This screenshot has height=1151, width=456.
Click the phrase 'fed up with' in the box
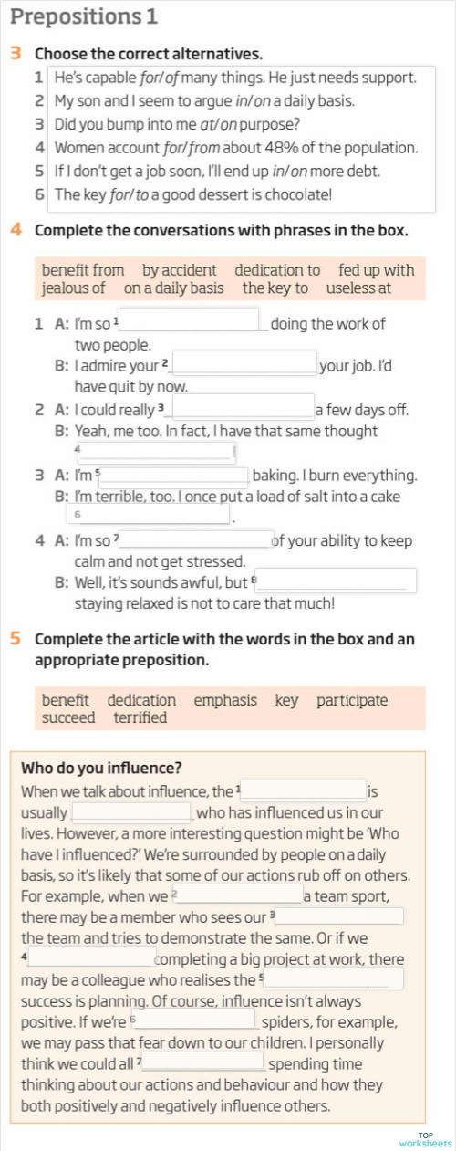376,270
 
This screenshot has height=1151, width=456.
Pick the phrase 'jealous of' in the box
73,288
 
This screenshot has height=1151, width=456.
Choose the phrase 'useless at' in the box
358,288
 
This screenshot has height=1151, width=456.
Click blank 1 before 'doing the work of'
192,320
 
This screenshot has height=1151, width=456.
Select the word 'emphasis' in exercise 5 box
225,700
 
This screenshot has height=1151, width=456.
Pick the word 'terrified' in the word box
140,718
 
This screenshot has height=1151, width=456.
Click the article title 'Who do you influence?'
101,768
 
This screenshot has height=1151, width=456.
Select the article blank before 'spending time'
204,1062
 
